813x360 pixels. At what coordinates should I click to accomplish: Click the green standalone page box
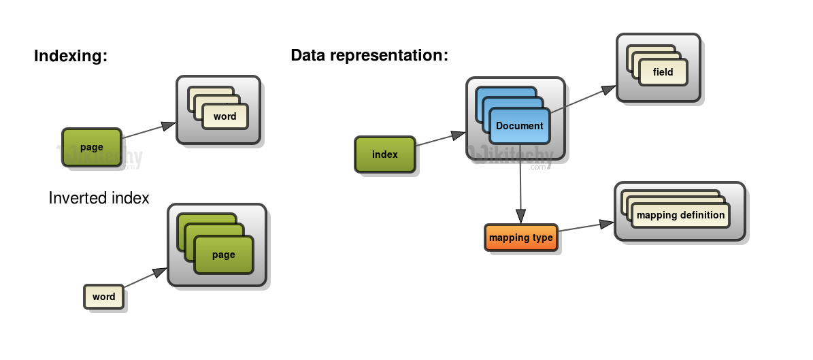(92, 147)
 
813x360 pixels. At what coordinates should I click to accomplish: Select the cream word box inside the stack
(225, 116)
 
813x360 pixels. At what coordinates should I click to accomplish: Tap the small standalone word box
(104, 297)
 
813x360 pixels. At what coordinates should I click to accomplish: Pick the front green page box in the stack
(223, 255)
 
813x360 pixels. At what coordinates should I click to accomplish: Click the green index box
(385, 154)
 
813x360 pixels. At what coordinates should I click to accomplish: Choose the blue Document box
(519, 126)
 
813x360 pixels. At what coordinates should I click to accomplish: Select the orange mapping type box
(521, 238)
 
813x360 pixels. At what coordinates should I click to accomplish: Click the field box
(663, 72)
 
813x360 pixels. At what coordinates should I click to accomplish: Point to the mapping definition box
(680, 215)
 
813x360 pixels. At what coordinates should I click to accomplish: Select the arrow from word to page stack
(145, 278)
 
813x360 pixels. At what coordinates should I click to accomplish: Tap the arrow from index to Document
(439, 139)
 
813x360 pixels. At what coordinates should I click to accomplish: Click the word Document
(519, 126)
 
